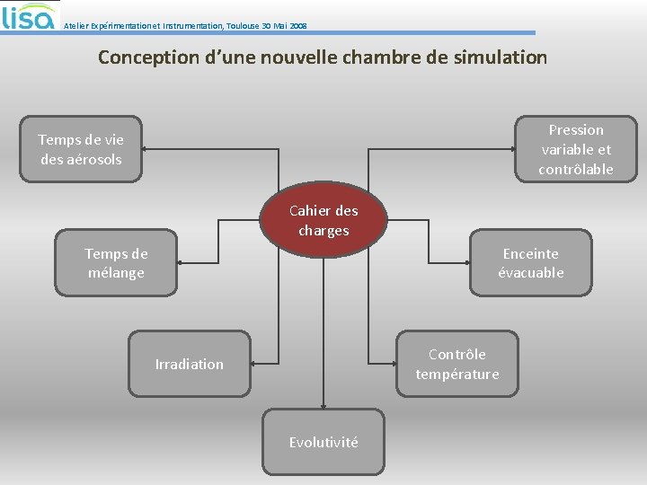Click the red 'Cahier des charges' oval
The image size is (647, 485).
tap(323, 222)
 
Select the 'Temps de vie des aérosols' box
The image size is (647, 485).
tap(81, 149)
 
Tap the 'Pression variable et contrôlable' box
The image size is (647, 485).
tap(575, 149)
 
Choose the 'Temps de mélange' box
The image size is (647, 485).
tap(116, 263)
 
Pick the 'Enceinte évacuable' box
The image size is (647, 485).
tap(530, 263)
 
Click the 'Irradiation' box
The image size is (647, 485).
tap(189, 364)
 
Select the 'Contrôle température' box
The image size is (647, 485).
tap(456, 364)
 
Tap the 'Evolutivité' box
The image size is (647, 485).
tap(323, 442)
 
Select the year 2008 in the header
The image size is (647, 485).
tap(298, 26)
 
